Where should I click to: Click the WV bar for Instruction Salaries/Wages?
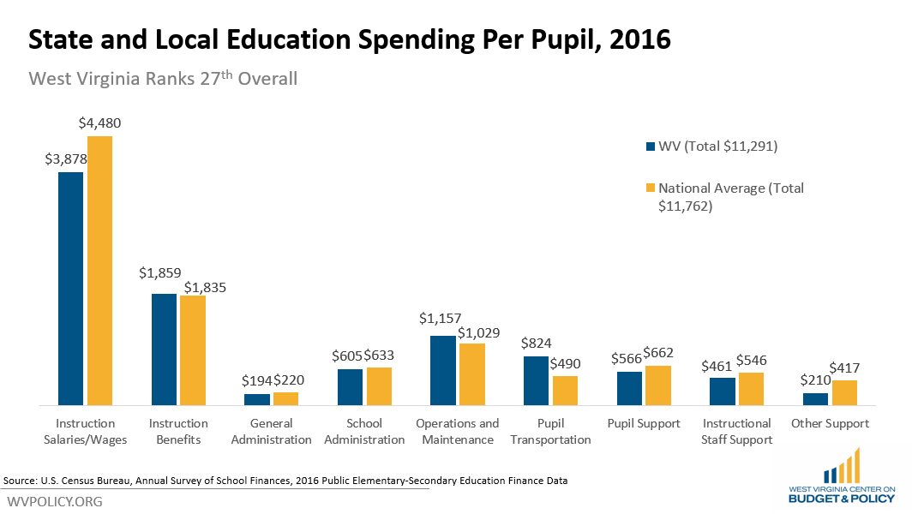[x=70, y=288]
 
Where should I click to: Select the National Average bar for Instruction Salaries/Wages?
[x=99, y=270]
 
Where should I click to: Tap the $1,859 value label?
[x=160, y=273]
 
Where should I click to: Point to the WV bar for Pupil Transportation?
[x=536, y=380]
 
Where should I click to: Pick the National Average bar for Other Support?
[x=844, y=392]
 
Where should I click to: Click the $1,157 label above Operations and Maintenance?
[x=440, y=318]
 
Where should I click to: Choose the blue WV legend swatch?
[x=649, y=146]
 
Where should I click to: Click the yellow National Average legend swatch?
[x=649, y=188]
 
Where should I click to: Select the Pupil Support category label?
[x=644, y=423]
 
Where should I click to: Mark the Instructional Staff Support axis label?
[x=737, y=431]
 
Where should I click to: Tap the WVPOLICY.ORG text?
[x=55, y=501]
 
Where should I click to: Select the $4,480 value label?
[x=99, y=123]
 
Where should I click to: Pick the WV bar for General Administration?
[x=257, y=399]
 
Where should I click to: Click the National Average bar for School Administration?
[x=379, y=386]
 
